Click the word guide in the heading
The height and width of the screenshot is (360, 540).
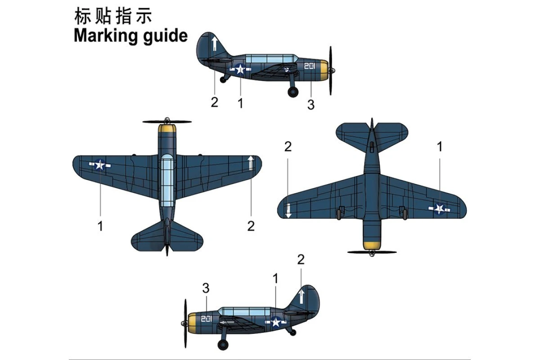(x=163, y=36)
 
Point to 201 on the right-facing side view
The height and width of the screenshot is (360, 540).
(x=310, y=67)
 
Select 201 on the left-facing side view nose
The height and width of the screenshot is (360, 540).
(x=206, y=319)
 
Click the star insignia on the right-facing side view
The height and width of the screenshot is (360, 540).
(x=240, y=69)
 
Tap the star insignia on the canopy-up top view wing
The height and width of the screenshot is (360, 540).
(x=100, y=166)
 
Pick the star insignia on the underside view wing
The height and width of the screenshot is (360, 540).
(x=440, y=208)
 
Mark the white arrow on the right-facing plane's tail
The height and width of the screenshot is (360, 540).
(x=215, y=44)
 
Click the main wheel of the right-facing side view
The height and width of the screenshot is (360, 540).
(x=293, y=92)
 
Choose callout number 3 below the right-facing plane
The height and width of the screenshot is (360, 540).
(x=310, y=105)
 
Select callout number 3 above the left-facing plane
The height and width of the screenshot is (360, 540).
(x=206, y=288)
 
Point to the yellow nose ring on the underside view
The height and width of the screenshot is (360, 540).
(x=372, y=246)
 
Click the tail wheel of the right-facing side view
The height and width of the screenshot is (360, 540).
(x=223, y=80)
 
